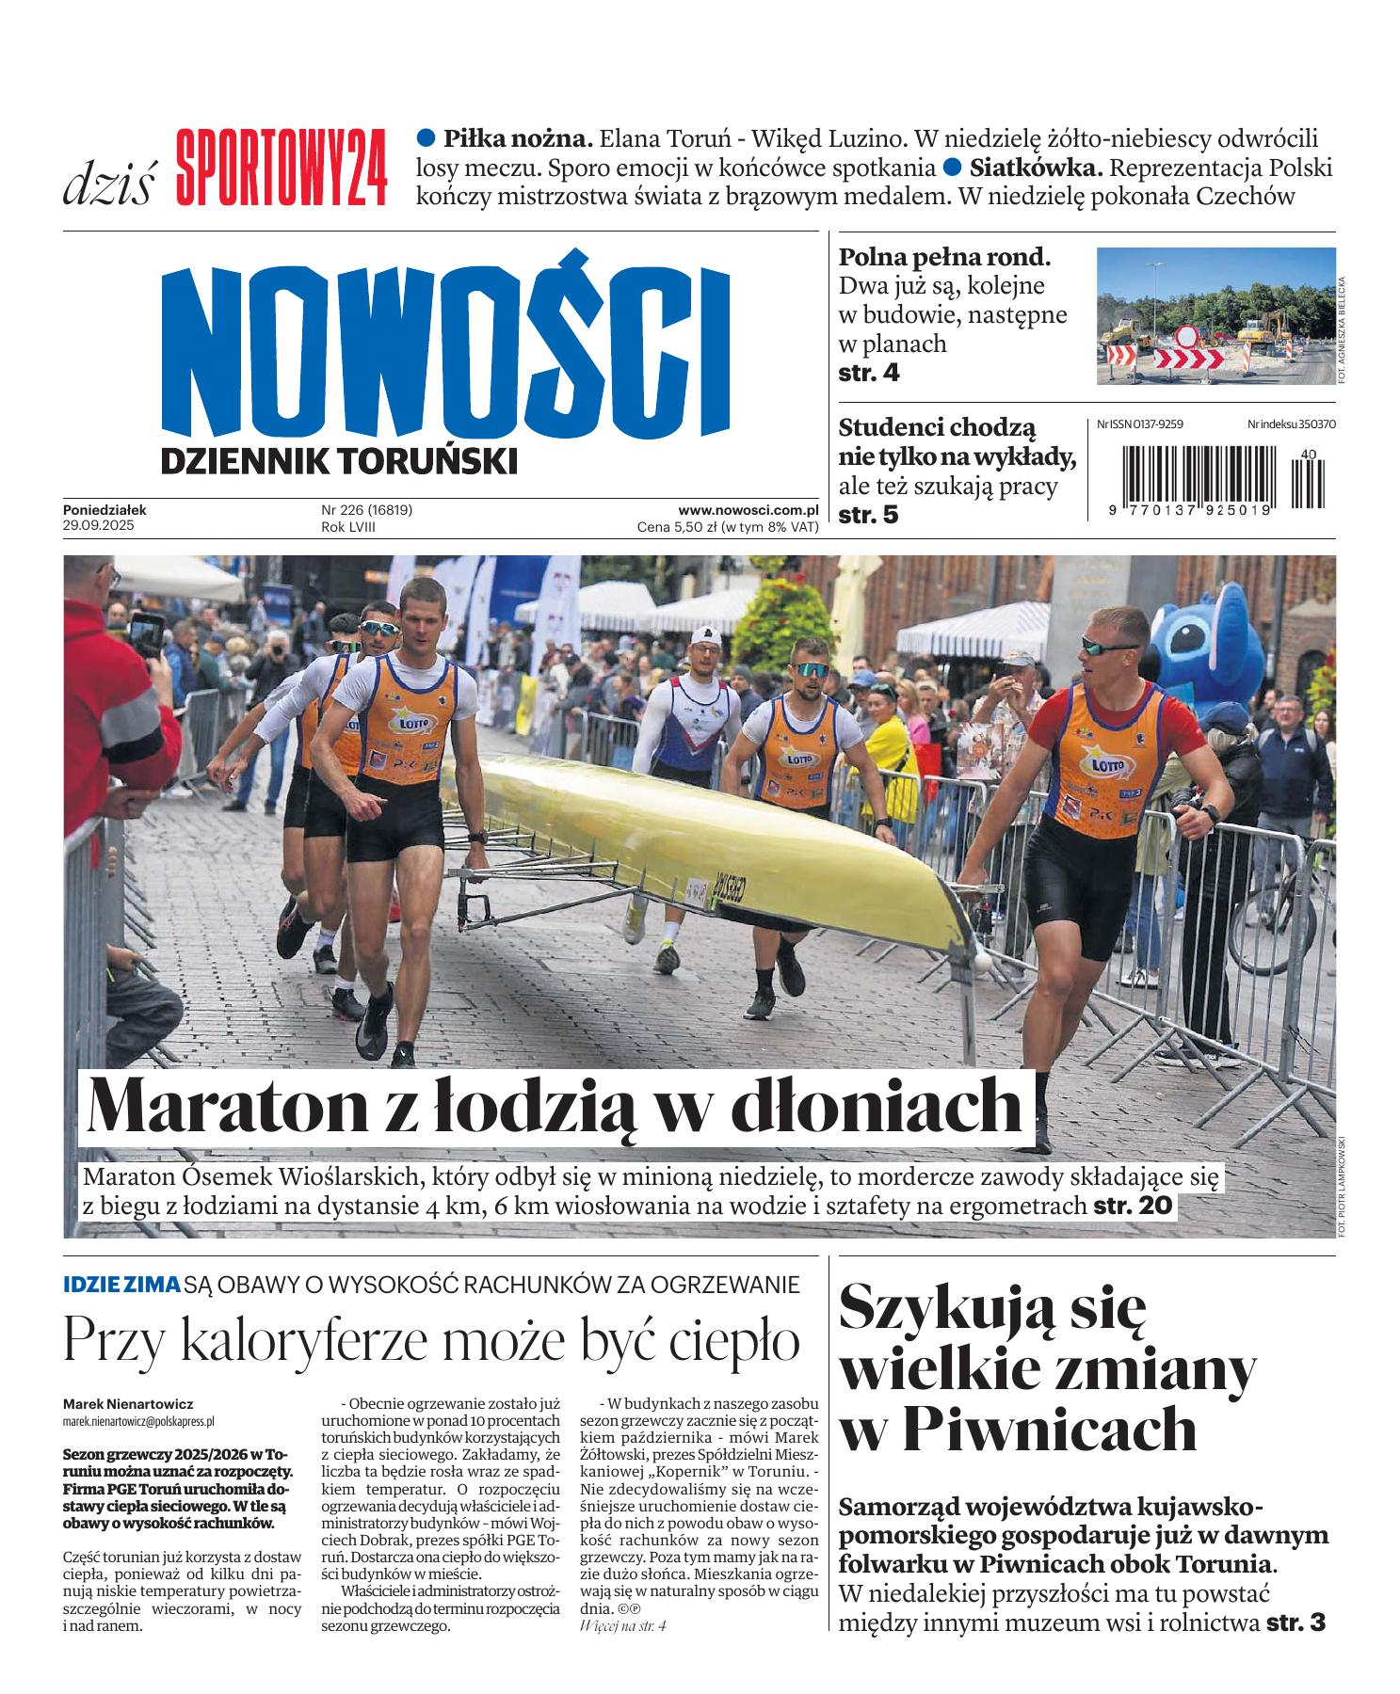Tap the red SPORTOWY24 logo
(281, 168)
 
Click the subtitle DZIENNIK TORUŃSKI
(340, 461)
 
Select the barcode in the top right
(1215, 478)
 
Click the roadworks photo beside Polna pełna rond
(1215, 315)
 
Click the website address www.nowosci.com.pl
(748, 510)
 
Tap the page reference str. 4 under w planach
(869, 373)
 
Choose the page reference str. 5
(869, 516)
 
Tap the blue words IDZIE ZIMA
(121, 1284)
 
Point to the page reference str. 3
(1296, 1622)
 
